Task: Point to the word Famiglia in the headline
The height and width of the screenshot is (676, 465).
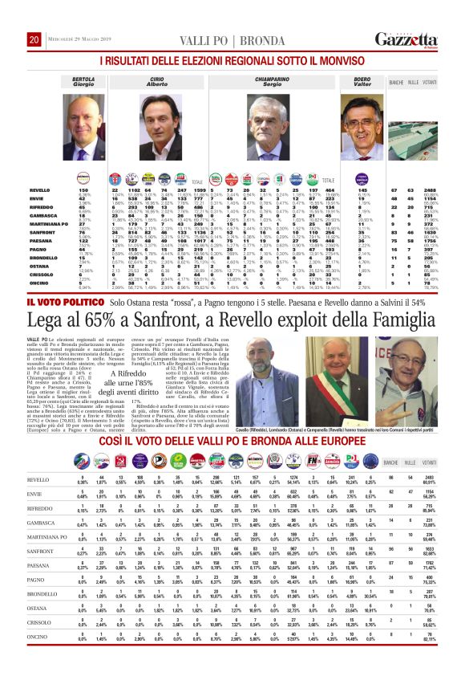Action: [396, 344]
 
